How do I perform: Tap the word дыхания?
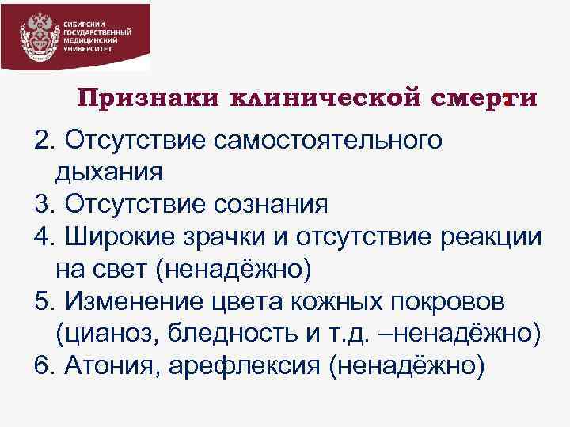point(109,171)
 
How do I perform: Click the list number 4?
point(42,236)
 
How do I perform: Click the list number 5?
point(42,301)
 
